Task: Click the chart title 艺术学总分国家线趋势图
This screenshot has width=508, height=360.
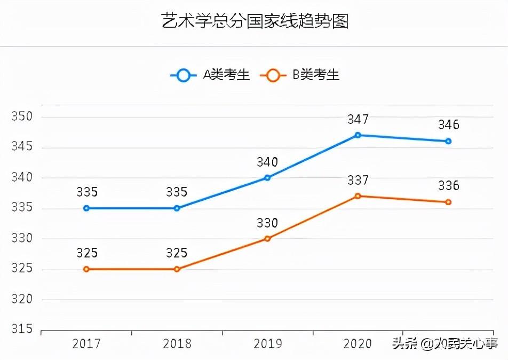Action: pos(255,21)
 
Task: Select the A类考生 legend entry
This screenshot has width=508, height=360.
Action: pos(211,75)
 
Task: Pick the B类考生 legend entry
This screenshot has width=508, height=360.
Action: pos(300,75)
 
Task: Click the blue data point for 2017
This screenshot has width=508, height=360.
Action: pos(86,208)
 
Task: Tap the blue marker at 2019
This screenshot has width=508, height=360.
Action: pos(267,178)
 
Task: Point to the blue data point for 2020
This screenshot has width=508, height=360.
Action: pos(358,135)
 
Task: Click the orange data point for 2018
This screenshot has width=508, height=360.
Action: pos(177,269)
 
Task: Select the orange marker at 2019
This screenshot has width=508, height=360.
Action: pos(267,239)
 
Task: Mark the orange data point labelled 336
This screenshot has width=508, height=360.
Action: pos(448,202)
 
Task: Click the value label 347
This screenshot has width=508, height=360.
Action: pos(358,119)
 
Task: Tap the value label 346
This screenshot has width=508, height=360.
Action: pos(448,125)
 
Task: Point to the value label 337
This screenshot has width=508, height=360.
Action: pos(358,180)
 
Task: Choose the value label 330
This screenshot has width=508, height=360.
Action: pos(267,223)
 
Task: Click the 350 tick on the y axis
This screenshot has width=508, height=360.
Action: pos(22,117)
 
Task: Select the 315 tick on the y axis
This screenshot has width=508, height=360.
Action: pos(22,330)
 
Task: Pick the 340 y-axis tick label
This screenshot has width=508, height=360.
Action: pos(22,178)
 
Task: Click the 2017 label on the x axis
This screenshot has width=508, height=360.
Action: pos(86,343)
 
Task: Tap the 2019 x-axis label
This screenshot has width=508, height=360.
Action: pos(267,343)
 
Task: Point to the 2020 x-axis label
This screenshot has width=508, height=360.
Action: pos(358,343)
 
